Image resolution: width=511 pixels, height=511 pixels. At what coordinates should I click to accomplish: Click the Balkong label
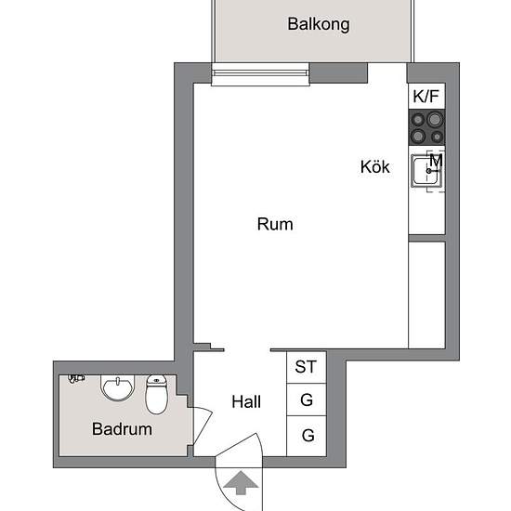(x=319, y=25)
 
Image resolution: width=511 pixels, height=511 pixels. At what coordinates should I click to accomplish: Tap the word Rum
(x=275, y=224)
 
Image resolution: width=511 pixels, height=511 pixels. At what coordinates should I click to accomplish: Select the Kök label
(x=375, y=167)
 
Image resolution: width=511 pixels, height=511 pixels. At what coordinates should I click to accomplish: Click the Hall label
(x=246, y=402)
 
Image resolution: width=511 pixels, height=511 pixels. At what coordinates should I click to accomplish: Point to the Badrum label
(x=122, y=429)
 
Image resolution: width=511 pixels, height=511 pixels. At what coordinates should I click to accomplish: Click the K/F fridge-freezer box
(x=426, y=96)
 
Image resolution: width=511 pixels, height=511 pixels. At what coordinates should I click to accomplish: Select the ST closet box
(x=306, y=367)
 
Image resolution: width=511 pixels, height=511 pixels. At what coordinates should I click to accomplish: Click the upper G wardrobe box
(x=306, y=401)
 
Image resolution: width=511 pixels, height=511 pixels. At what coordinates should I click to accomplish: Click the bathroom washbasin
(x=118, y=387)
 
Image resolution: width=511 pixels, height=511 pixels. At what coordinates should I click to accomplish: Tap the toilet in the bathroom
(x=156, y=394)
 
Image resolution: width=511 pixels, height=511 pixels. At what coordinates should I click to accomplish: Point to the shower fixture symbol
(x=75, y=379)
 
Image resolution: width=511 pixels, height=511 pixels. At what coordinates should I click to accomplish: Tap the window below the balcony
(x=260, y=73)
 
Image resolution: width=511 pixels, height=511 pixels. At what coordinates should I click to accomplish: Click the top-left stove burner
(x=419, y=119)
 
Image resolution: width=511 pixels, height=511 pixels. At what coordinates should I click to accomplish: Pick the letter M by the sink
(x=436, y=159)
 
